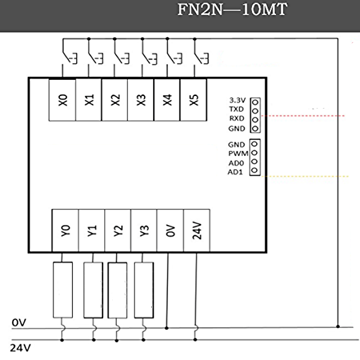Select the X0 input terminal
click(x=63, y=100)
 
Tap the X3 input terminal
click(x=142, y=100)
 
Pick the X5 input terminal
click(x=193, y=100)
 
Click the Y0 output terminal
click(x=65, y=230)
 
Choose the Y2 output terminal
click(x=118, y=230)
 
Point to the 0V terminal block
click(x=170, y=230)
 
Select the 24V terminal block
click(x=196, y=230)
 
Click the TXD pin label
click(x=236, y=110)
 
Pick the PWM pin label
click(x=238, y=154)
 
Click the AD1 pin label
click(x=235, y=172)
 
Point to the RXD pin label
click(x=236, y=119)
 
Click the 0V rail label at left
click(x=19, y=323)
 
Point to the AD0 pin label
click(x=235, y=163)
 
